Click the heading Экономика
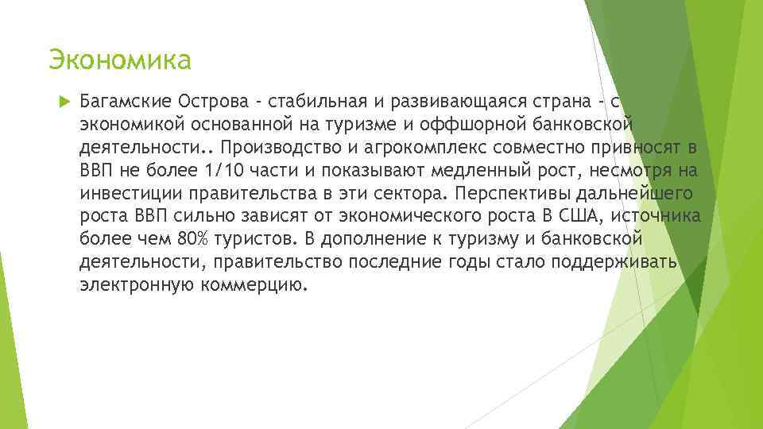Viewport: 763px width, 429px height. (120, 60)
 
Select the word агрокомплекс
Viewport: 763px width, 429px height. (423, 148)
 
